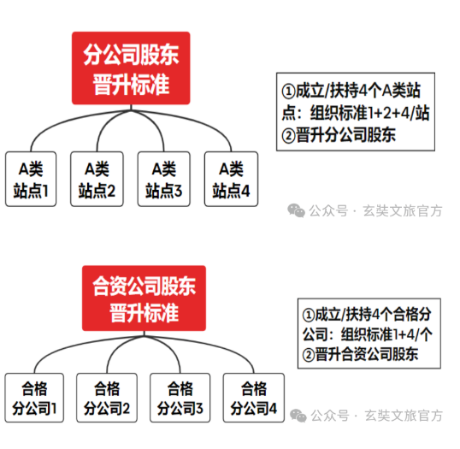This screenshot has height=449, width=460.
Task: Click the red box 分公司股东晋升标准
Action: click(x=131, y=68)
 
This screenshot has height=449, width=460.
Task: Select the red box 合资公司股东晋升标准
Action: click(x=144, y=298)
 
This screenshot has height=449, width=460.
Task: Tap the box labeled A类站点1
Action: click(x=31, y=179)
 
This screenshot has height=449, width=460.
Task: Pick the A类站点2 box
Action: click(x=97, y=179)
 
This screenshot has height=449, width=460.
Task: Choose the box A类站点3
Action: click(x=163, y=179)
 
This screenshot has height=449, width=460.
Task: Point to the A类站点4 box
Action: click(x=231, y=179)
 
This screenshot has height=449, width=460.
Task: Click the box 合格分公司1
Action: click(x=34, y=398)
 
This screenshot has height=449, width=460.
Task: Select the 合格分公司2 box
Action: click(x=107, y=398)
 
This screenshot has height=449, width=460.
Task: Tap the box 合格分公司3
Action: click(x=180, y=398)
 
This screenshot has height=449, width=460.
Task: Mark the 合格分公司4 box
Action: click(x=254, y=398)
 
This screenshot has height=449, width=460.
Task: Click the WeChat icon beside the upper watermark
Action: click(x=296, y=210)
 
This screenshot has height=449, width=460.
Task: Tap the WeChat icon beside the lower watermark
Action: click(x=298, y=416)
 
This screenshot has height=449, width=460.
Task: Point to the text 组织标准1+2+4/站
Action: click(x=370, y=113)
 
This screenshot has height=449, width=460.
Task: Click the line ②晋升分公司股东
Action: click(x=339, y=135)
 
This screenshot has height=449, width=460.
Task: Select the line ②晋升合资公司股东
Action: click(x=360, y=354)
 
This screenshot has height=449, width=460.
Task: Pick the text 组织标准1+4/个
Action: click(x=386, y=334)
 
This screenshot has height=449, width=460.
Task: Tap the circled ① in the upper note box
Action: click(x=288, y=91)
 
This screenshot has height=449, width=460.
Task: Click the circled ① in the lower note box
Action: click(x=309, y=315)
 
